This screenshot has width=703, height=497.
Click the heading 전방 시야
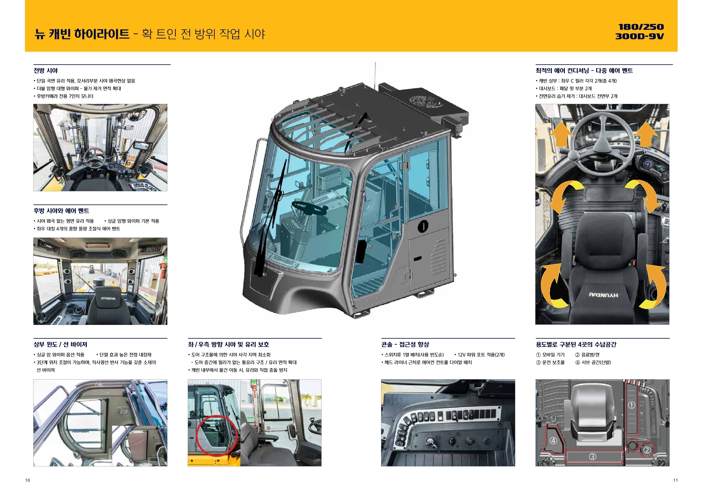click(46, 71)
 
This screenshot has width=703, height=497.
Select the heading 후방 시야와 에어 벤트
click(61, 211)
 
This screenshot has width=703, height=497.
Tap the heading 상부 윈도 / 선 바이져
click(60, 345)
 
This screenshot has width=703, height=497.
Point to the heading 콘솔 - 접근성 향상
click(405, 345)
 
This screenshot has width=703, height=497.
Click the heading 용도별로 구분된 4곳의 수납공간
click(576, 345)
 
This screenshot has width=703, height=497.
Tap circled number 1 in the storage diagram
click(632, 405)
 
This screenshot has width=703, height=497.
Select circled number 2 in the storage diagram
click(647, 450)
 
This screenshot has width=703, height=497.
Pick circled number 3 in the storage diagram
click(593, 457)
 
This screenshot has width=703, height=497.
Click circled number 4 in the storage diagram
click(553, 441)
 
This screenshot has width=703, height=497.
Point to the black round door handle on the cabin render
click(423, 226)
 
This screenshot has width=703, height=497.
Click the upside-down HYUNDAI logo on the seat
click(603, 295)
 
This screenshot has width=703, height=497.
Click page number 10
click(27, 480)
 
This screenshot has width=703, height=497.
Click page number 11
click(676, 480)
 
